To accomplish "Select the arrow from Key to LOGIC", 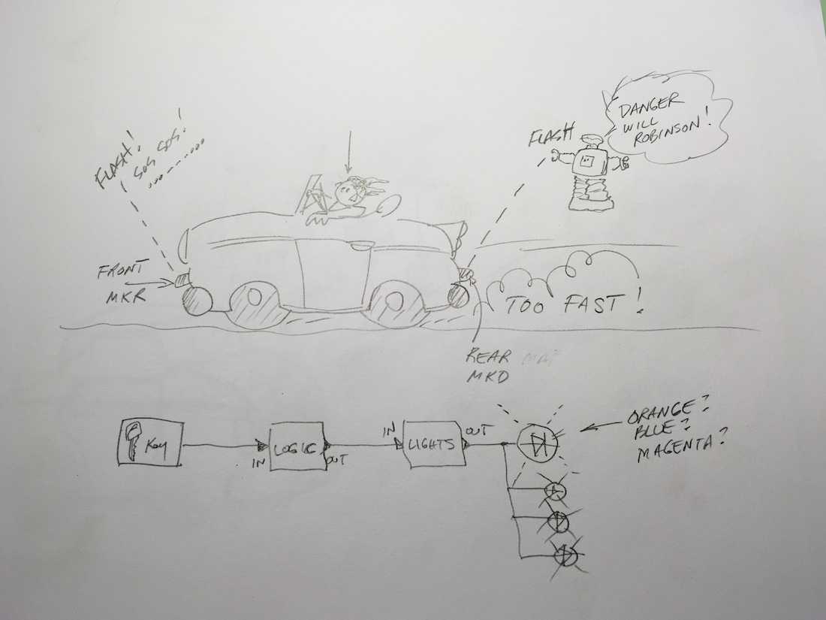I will (225, 444).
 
